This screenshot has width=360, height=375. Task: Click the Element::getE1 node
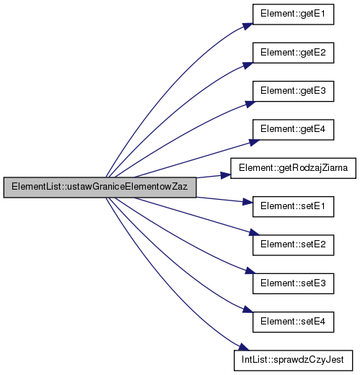click(293, 14)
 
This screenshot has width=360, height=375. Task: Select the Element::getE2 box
click(293, 53)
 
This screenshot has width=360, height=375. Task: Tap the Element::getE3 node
click(293, 92)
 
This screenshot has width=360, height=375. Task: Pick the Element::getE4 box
click(293, 130)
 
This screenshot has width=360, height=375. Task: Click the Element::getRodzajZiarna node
click(293, 168)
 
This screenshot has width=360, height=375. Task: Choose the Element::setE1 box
click(293, 207)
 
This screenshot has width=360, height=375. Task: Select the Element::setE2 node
click(293, 245)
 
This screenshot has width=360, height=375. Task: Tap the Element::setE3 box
click(293, 283)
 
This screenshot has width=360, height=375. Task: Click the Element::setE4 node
click(293, 322)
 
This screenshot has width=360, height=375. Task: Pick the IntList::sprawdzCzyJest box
click(293, 361)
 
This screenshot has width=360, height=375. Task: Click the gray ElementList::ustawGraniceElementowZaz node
click(100, 187)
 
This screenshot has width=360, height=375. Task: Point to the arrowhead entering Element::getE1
click(247, 26)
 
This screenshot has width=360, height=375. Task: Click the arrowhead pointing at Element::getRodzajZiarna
click(226, 175)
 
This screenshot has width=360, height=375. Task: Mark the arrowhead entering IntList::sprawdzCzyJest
click(243, 347)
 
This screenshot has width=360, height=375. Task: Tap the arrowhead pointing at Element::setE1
click(247, 202)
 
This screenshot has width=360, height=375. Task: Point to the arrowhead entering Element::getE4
click(254, 142)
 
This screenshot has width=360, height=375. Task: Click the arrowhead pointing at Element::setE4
click(247, 309)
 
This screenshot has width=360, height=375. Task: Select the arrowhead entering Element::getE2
click(247, 65)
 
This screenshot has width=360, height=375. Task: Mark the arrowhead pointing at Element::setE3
click(250, 271)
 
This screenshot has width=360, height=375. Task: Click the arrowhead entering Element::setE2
click(254, 232)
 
